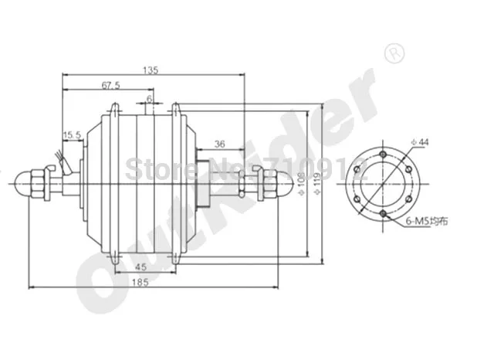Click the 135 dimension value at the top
(151, 70)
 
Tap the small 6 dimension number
(149, 100)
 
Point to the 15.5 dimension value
(73, 136)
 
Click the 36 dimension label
(218, 144)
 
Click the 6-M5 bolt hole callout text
(426, 222)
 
